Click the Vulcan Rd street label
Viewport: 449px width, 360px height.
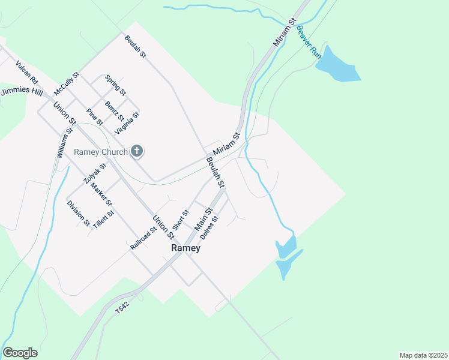click(27, 72)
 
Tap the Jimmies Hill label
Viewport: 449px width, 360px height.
click(22, 92)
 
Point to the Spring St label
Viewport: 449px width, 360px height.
click(115, 85)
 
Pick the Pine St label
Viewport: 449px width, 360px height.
click(94, 117)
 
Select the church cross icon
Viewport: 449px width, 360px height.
click(137, 152)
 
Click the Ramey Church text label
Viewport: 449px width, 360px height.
click(101, 152)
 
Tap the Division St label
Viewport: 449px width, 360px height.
click(79, 214)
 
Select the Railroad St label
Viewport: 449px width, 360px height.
click(143, 238)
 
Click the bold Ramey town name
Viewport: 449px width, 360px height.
click(185, 248)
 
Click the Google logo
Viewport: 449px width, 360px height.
click(20, 352)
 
